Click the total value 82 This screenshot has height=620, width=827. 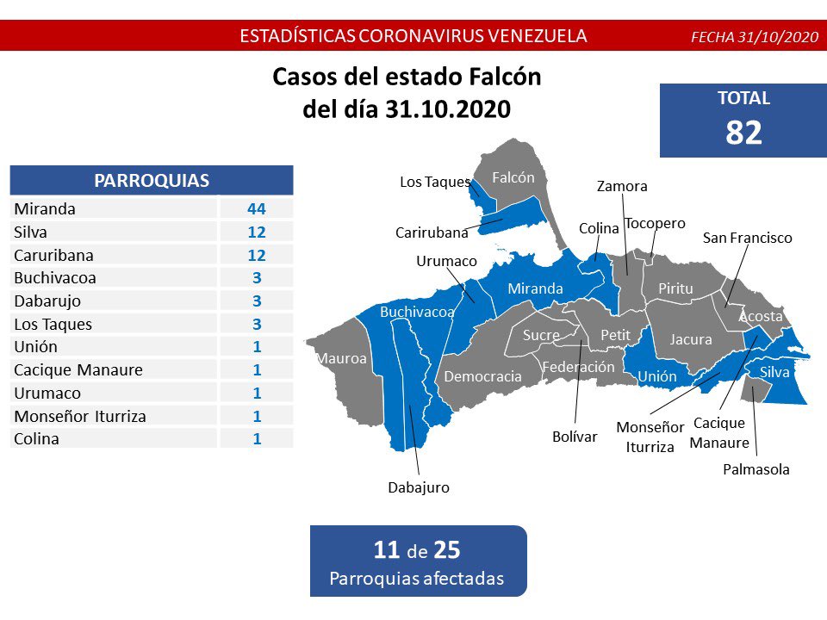[x=743, y=132]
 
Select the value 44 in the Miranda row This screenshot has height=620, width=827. [x=256, y=208]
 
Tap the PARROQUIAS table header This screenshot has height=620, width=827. [x=152, y=181]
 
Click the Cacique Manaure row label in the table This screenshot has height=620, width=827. [x=78, y=370]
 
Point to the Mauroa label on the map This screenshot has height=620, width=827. [x=341, y=358]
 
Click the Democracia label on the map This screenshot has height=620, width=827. [x=482, y=376]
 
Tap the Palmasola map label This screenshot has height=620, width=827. [x=755, y=469]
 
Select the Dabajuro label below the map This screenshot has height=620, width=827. [x=419, y=487]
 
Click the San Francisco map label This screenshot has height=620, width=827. [x=747, y=238]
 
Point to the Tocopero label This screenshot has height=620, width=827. [x=655, y=223]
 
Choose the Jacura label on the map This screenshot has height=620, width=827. [x=691, y=339]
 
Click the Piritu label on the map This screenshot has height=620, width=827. [x=675, y=289]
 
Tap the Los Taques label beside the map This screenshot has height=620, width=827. [x=435, y=182]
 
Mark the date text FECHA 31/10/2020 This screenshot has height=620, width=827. [x=754, y=37]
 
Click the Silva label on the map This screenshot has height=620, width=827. [x=774, y=372]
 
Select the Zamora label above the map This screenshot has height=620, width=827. [x=622, y=186]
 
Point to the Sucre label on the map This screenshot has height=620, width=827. [x=541, y=335]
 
